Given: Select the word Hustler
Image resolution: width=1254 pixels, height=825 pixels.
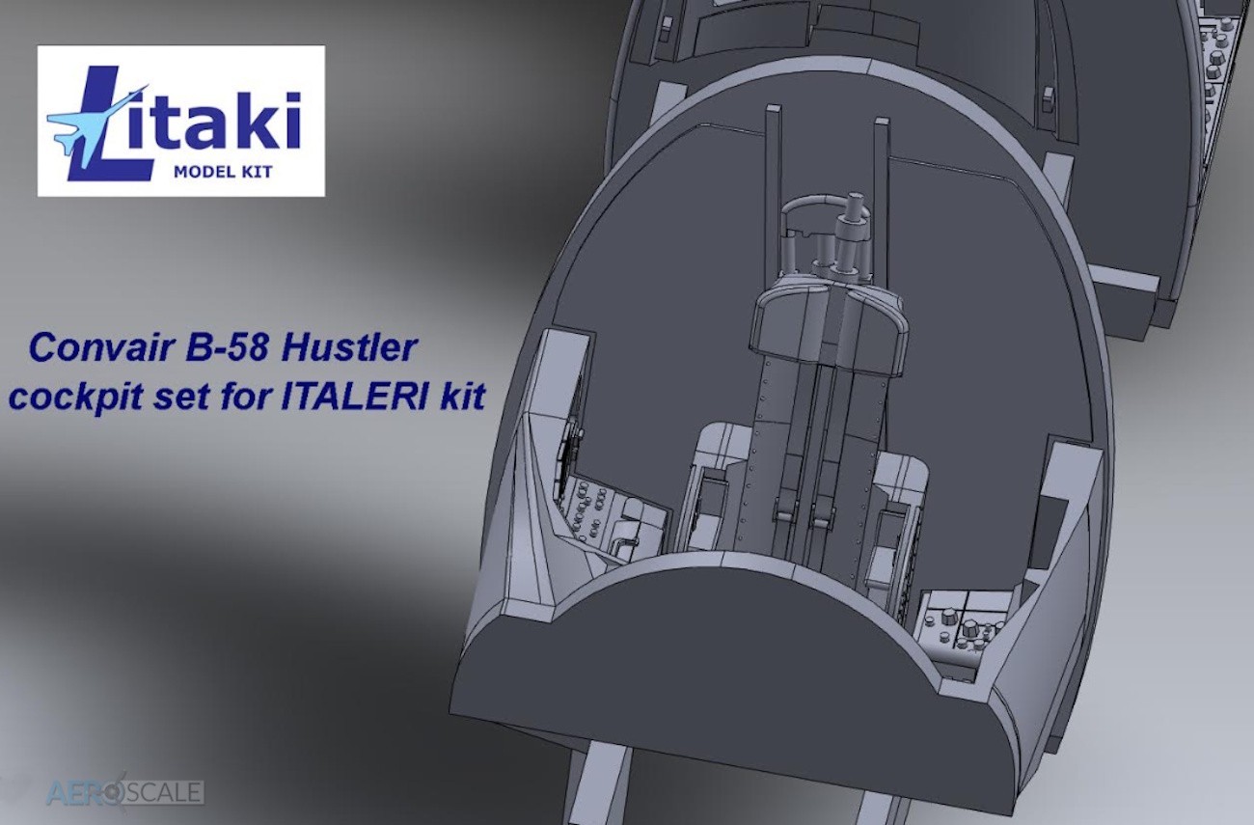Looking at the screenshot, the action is pos(350,347).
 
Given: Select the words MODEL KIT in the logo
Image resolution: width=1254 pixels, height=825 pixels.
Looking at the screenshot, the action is pos(223,172).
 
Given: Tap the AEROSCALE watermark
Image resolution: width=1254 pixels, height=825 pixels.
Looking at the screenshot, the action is pos(124,792).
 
